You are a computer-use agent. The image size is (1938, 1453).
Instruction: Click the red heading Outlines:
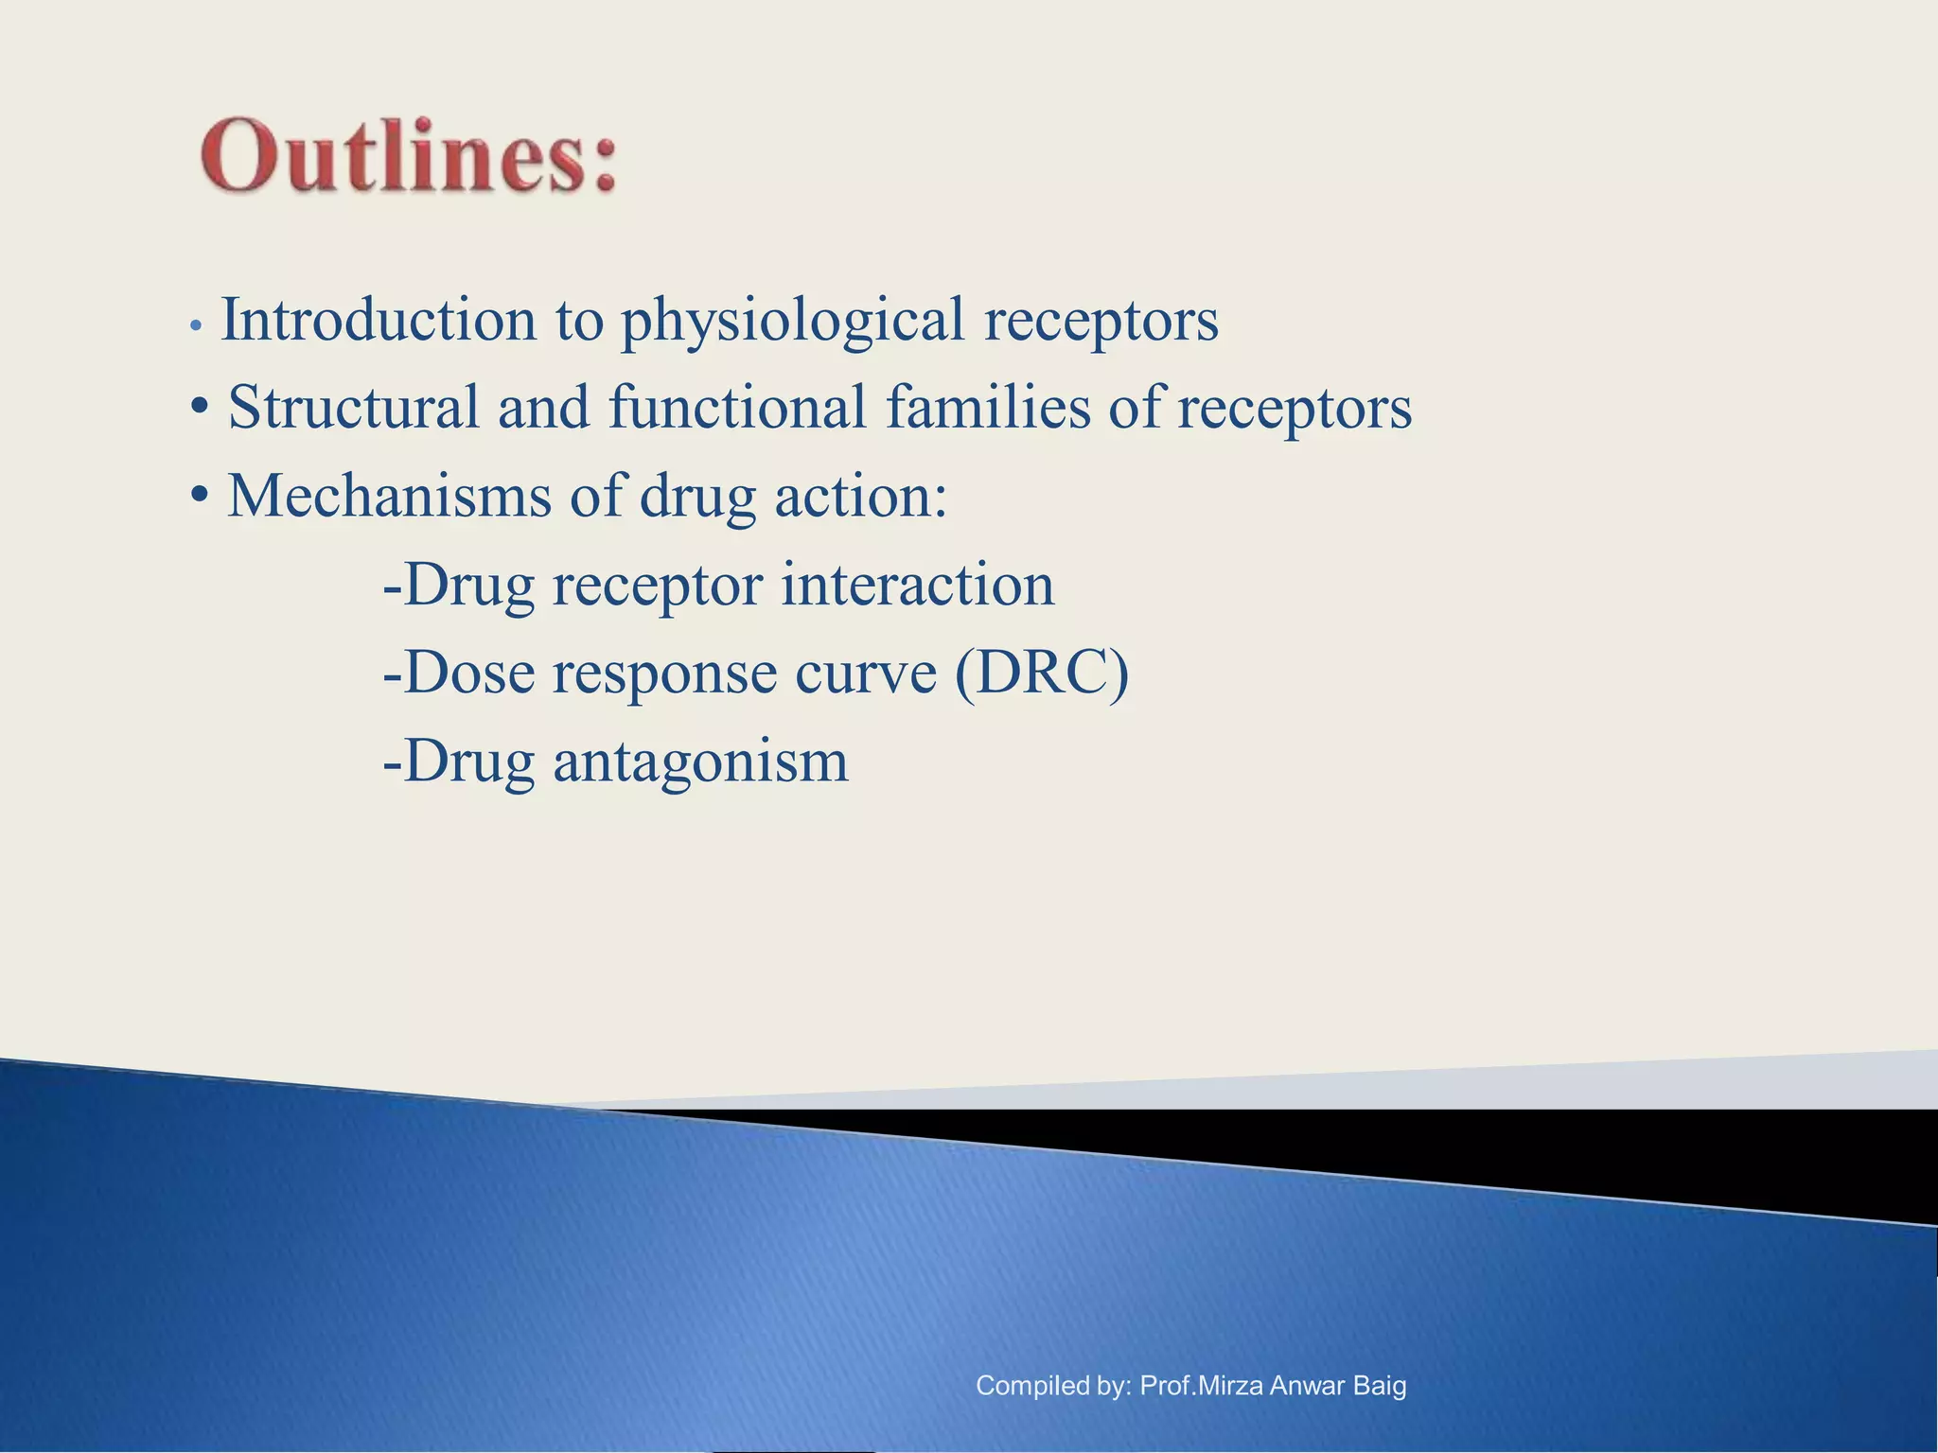(409, 156)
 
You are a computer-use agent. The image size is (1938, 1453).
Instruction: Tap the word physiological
(792, 322)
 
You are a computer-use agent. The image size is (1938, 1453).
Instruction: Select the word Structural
(353, 408)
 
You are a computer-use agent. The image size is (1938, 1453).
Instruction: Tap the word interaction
(917, 584)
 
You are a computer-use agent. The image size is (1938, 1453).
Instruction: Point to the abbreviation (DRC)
(1042, 673)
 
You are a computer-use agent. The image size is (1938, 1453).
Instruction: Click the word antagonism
(700, 762)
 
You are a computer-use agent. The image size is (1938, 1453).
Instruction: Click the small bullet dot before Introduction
(195, 325)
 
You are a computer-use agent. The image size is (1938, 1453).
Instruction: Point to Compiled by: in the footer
(1052, 1386)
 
